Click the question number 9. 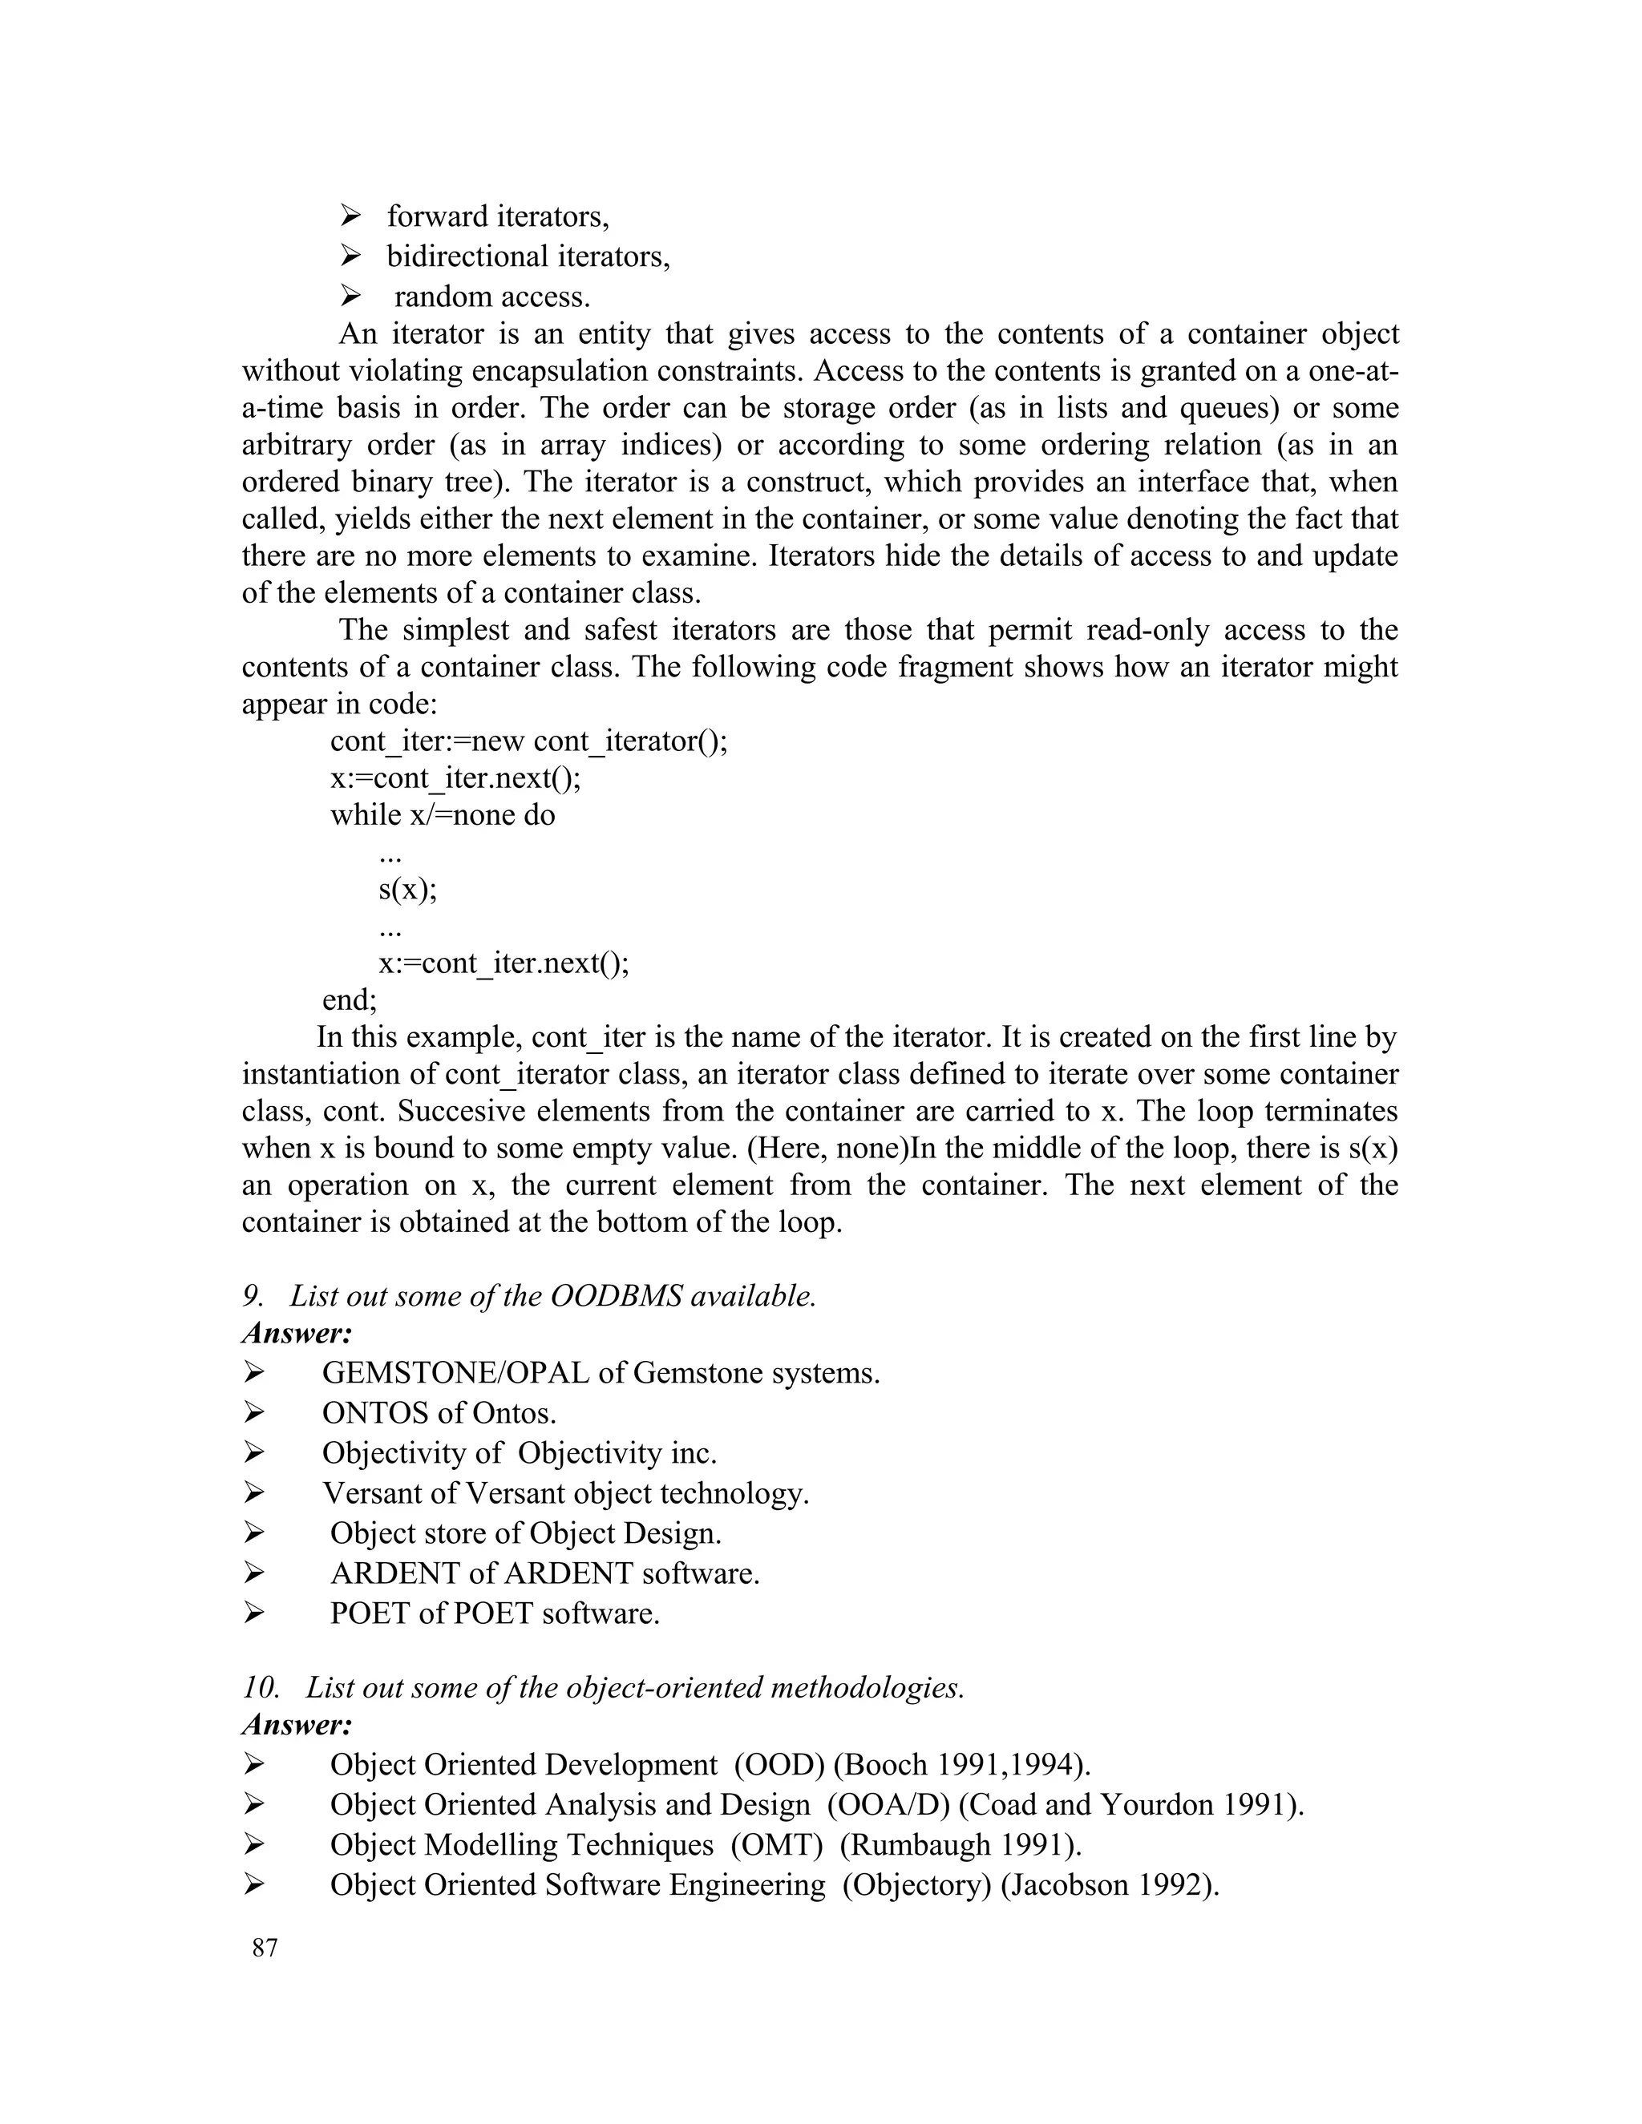point(252,1296)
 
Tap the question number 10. point(260,1687)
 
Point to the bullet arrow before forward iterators point(350,215)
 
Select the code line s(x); point(407,889)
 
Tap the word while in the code point(366,815)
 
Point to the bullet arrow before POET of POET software point(254,1613)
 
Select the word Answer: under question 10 point(297,1726)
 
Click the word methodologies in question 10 point(866,1687)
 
